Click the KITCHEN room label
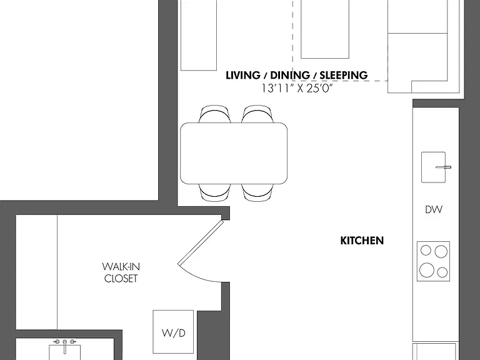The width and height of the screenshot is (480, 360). (x=362, y=241)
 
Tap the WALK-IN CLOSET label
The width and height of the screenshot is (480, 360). (x=121, y=272)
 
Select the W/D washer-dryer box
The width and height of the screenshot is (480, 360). (x=173, y=332)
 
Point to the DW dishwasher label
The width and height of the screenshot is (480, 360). (x=434, y=209)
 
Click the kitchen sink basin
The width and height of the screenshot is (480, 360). (x=433, y=167)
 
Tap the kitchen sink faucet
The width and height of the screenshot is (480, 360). (x=444, y=167)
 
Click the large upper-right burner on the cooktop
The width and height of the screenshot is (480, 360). (x=441, y=252)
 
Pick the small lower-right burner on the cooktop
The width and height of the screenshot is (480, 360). (x=442, y=272)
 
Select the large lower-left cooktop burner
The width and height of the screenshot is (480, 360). (x=427, y=270)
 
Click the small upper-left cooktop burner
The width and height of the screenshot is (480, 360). (x=426, y=250)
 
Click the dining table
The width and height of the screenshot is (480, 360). (x=234, y=153)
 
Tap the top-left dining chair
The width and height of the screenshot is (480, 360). (x=214, y=114)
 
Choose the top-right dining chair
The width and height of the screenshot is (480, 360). (x=257, y=114)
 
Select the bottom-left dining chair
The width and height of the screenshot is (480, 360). (x=214, y=192)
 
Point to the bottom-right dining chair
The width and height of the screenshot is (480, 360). (x=257, y=192)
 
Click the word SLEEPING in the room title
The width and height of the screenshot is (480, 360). (x=344, y=75)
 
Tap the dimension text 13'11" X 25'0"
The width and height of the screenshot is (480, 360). (x=297, y=89)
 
